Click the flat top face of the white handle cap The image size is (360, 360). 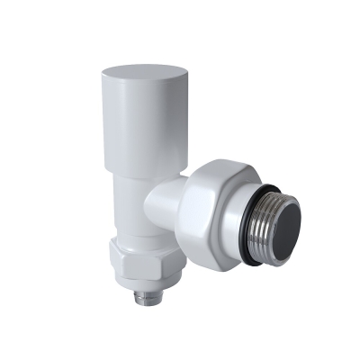point(139,70)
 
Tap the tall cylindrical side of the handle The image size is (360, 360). point(126,126)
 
